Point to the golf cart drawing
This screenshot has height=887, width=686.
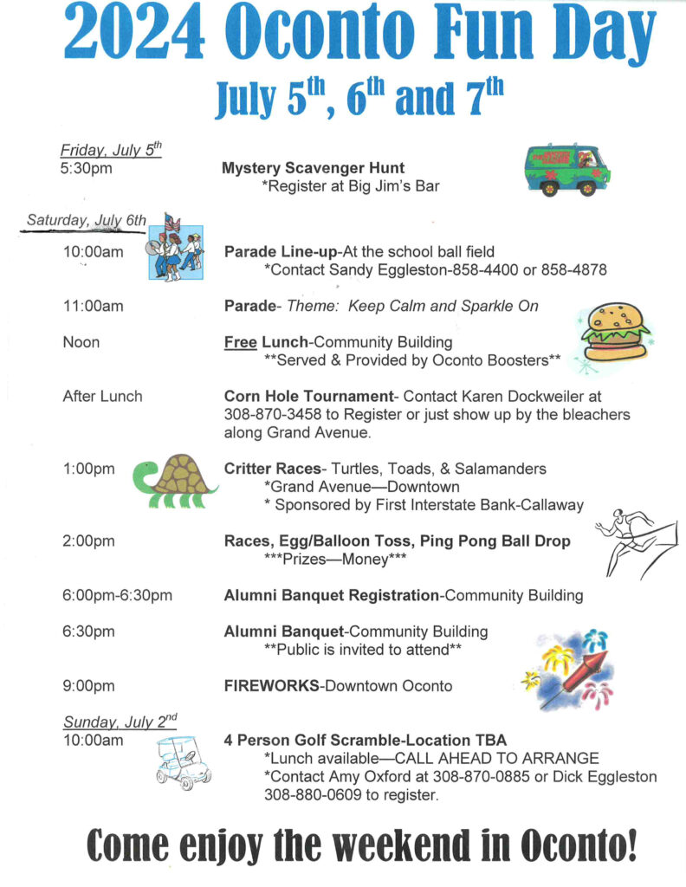point(184,761)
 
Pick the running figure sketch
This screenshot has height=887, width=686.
point(635,541)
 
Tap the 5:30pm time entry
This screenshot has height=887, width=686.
point(87,168)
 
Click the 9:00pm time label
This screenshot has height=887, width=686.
point(88,686)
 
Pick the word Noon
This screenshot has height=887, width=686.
point(81,342)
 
